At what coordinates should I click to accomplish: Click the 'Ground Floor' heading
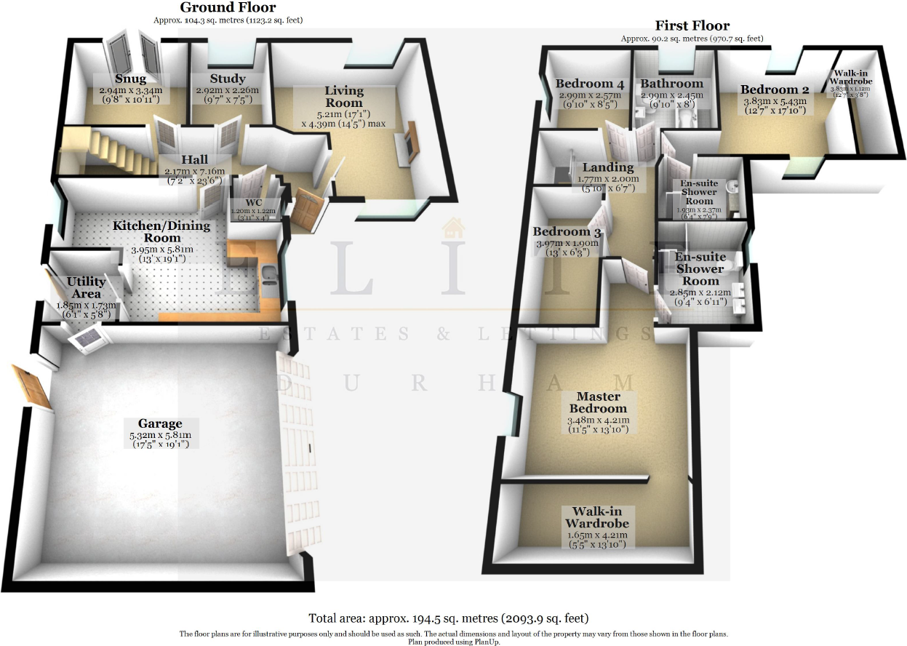228,7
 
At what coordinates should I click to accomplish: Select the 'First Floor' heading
691,25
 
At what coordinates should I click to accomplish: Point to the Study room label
227,79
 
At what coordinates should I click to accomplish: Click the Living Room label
344,97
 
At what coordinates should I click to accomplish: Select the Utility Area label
86,287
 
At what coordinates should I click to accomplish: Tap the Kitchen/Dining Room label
161,231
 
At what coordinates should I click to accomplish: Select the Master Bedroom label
599,402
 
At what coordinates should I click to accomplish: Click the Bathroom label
671,84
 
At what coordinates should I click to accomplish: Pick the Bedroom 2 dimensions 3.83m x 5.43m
775,102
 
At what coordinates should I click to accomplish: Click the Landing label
610,167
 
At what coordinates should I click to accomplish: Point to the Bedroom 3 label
567,233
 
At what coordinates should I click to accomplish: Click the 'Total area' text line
448,618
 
